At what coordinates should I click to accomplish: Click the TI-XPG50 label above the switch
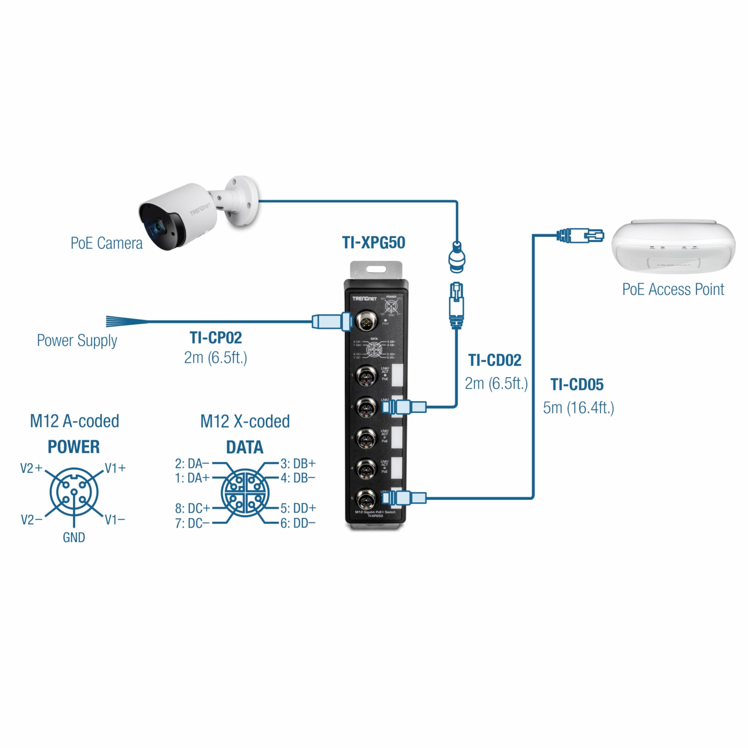[x=374, y=243]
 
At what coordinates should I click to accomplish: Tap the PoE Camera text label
[x=106, y=243]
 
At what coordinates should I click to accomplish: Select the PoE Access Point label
[x=673, y=290]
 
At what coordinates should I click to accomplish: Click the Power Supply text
[x=77, y=341]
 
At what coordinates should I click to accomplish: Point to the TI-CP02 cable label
[x=216, y=337]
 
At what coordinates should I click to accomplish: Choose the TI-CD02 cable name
[x=494, y=361]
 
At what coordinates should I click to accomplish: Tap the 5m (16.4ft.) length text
[x=579, y=408]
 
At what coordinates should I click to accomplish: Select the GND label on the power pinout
[x=74, y=537]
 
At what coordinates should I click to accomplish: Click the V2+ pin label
[x=31, y=468]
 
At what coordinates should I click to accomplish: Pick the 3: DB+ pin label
[x=298, y=463]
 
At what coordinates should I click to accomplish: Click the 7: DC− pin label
[x=192, y=523]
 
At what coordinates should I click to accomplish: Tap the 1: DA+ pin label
[x=192, y=478]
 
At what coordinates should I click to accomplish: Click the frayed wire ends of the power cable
[x=122, y=321]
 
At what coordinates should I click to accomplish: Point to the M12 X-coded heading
[x=245, y=421]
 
